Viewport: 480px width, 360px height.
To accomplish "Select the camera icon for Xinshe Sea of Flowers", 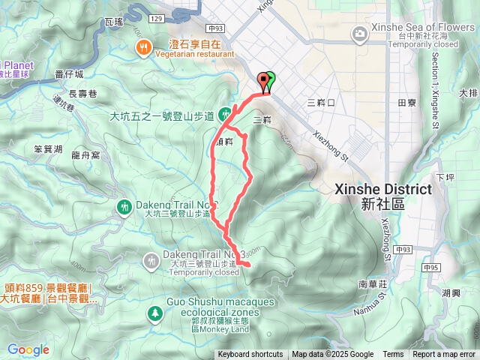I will tap(361, 33).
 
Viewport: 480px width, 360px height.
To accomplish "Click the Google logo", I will tap(28, 349).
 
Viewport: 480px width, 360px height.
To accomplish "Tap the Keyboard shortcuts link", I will tap(250, 355).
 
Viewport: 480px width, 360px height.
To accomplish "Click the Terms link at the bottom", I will tap(393, 355).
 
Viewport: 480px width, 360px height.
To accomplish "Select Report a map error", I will tap(443, 355).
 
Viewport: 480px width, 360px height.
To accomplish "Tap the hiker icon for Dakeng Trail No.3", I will tap(151, 259).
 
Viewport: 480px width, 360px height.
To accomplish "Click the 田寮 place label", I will tap(406, 101).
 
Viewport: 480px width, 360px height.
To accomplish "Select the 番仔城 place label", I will tap(71, 74).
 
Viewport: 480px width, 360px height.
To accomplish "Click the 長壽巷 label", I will tap(83, 94).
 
